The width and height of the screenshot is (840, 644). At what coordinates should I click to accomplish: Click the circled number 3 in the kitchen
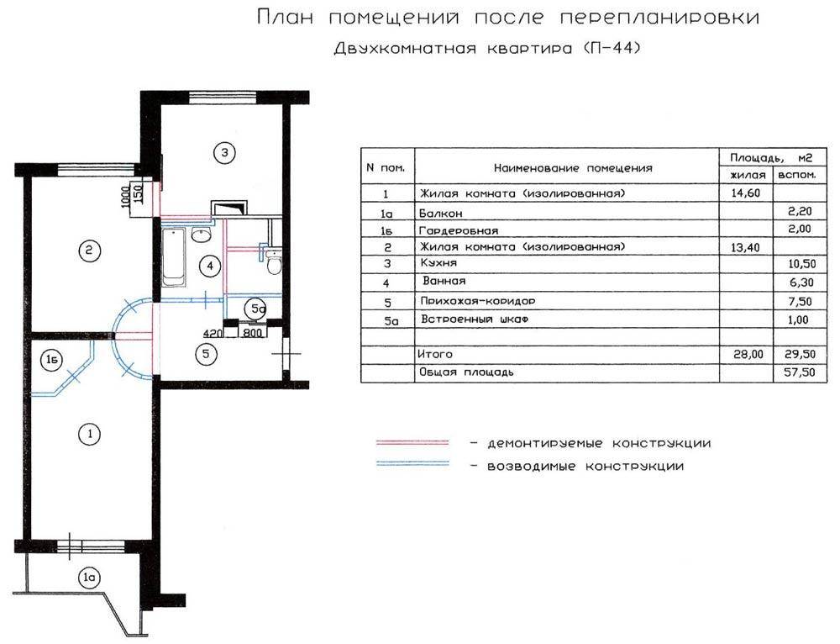click(x=224, y=153)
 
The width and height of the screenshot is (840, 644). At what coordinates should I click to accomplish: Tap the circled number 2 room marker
click(x=89, y=250)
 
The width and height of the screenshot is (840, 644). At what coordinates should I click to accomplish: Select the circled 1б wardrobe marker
click(x=51, y=360)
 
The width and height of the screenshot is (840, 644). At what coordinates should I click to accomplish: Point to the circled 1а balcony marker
click(x=89, y=578)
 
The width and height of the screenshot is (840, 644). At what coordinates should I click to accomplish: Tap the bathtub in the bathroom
click(x=174, y=257)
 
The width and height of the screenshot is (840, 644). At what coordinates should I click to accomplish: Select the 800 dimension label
click(x=253, y=333)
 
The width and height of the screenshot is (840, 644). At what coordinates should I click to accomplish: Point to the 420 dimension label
click(x=213, y=334)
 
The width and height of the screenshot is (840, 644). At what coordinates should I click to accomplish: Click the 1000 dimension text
click(x=125, y=197)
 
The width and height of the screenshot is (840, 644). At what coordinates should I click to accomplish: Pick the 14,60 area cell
click(x=746, y=193)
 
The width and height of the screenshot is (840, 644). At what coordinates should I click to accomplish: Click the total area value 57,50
click(x=799, y=372)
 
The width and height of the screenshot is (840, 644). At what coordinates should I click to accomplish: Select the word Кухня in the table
click(x=438, y=263)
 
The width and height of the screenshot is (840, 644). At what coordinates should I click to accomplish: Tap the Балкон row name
click(x=440, y=214)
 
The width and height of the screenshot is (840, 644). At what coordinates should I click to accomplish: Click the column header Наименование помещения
click(x=573, y=168)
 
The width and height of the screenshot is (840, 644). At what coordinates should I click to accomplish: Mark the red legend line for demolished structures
click(x=412, y=443)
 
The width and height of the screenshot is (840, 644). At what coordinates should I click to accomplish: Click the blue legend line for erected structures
click(x=412, y=463)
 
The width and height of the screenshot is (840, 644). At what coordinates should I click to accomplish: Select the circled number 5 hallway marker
click(x=206, y=354)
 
